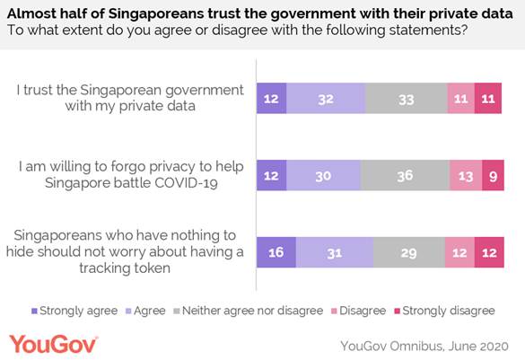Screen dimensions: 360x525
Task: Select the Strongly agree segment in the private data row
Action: tap(271, 98)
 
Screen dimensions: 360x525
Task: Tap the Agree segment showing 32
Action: tap(326, 98)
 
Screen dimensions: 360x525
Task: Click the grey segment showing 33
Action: tap(407, 98)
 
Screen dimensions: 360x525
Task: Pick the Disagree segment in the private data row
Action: tap(460, 98)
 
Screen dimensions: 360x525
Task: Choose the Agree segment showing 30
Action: tap(323, 175)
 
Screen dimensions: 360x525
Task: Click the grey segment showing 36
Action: tap(405, 175)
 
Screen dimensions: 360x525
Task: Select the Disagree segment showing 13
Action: tap(465, 175)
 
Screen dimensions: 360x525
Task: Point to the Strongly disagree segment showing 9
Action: tap(492, 175)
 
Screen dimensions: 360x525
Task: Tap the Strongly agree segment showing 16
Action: tap(276, 254)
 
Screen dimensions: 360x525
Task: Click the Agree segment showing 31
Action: tap(335, 254)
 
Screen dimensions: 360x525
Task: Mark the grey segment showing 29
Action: tap(408, 254)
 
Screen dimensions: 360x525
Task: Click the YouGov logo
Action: tap(53, 343)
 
